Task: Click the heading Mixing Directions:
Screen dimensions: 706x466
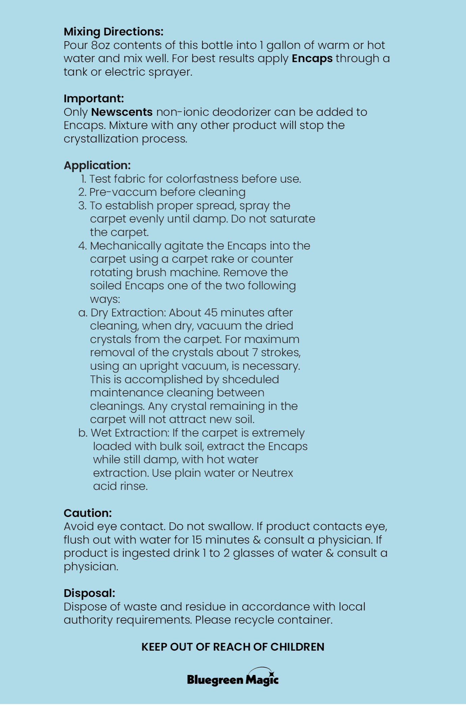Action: point(114,32)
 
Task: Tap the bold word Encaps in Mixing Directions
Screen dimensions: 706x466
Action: point(312,58)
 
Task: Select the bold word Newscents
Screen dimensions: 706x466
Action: point(122,112)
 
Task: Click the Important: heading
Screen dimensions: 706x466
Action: point(94,99)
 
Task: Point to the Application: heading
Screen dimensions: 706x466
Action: point(97,165)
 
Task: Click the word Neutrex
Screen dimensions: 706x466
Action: point(272,473)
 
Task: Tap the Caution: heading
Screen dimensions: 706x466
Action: point(88,513)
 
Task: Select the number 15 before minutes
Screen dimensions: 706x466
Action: point(197,540)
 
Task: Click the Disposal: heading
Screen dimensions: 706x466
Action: point(89,593)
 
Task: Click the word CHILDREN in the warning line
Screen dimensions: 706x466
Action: point(297,647)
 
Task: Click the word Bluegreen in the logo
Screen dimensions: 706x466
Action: point(215,680)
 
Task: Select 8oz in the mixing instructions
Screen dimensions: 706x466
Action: point(100,45)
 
